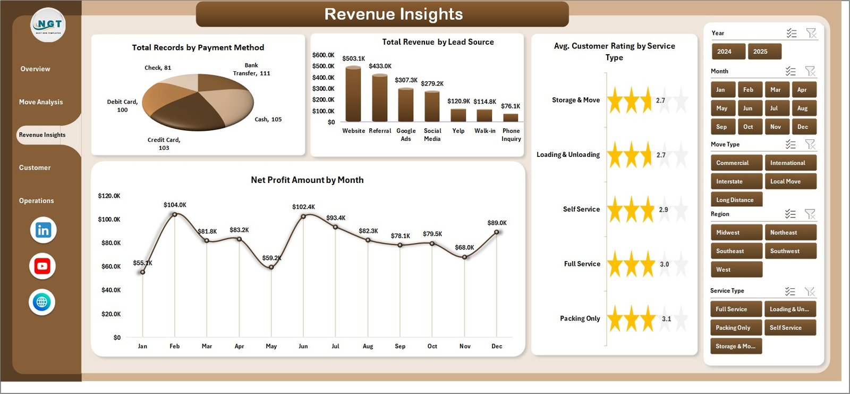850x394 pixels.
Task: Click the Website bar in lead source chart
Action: click(353, 95)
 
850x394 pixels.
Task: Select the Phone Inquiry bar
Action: click(511, 118)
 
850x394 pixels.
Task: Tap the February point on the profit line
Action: click(175, 214)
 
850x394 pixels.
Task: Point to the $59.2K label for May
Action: click(271, 258)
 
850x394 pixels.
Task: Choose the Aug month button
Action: click(802, 108)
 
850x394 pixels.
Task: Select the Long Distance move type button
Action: click(735, 200)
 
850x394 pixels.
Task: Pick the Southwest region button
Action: click(789, 251)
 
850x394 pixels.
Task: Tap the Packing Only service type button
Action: click(735, 328)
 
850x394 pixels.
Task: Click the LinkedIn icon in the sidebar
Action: click(43, 230)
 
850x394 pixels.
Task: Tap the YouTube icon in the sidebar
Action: click(42, 266)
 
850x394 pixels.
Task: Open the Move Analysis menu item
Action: click(41, 102)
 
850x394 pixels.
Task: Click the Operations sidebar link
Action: click(37, 200)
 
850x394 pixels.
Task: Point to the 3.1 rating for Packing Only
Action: click(666, 319)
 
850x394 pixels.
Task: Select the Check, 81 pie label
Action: click(158, 68)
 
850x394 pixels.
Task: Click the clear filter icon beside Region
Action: click(810, 214)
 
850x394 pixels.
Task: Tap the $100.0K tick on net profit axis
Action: click(109, 219)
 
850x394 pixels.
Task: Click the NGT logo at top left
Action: click(48, 25)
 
